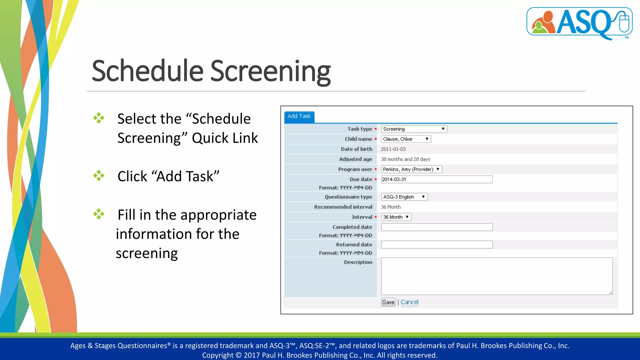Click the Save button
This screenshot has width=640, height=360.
[x=388, y=302]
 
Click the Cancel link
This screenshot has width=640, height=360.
[x=409, y=302]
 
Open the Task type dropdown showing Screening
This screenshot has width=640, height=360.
[x=414, y=129]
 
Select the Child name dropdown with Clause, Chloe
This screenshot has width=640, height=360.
[x=406, y=139]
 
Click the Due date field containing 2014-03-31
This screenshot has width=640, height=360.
[x=437, y=179]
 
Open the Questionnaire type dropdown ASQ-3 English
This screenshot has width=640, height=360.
[x=404, y=197]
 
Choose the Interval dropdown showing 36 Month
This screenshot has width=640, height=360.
[x=396, y=217]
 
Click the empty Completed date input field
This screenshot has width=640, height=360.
[x=437, y=227]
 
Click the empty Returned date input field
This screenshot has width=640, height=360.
[x=437, y=245]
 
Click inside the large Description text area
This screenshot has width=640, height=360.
[x=497, y=276]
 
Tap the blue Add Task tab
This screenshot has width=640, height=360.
[x=299, y=116]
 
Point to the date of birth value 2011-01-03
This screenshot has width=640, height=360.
[x=393, y=149]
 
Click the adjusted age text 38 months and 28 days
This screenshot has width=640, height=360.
[x=405, y=159]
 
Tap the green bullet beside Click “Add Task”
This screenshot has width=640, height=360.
[x=99, y=176]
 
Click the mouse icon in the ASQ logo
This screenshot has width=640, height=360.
[x=624, y=22]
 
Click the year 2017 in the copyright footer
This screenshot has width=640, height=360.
[x=252, y=355]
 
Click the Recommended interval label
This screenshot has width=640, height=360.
[x=343, y=207]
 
